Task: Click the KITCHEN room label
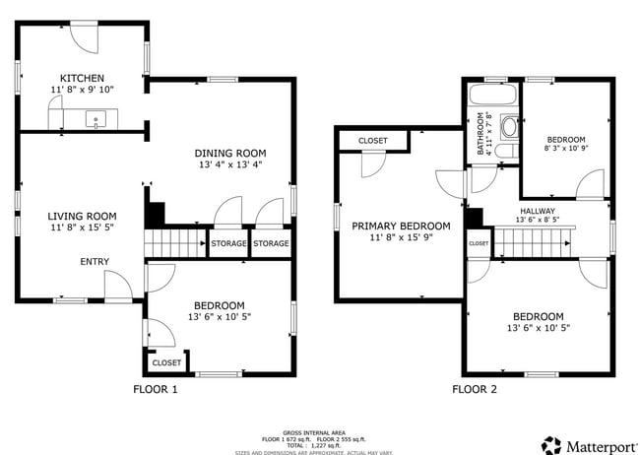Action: point(82,78)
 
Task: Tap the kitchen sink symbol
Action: point(96,120)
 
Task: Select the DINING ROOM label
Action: point(230,153)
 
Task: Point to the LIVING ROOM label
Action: point(83,217)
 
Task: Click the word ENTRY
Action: point(96,261)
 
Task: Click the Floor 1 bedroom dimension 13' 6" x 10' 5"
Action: point(218,317)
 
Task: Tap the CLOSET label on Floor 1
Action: point(166,362)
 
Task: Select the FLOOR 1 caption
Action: point(156,389)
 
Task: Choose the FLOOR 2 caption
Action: point(475,389)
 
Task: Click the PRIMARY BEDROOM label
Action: point(401,226)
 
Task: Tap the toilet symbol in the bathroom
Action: point(509,127)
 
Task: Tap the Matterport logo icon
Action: point(551,444)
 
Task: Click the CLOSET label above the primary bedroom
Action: point(372,141)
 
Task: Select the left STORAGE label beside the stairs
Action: point(228,243)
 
